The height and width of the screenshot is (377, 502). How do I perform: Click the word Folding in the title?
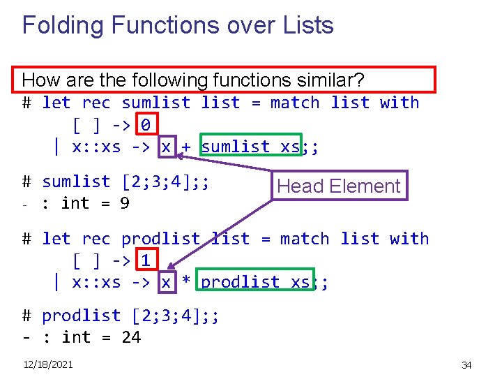pos(61,26)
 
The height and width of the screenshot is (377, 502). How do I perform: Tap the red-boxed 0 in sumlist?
pos(146,125)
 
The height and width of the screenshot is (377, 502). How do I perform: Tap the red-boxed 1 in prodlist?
pos(146,261)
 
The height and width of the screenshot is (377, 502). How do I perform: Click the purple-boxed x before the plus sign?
pos(166,147)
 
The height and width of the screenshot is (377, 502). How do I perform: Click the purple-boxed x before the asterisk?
pos(166,282)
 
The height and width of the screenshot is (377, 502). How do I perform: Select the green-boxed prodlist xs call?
pos(255,282)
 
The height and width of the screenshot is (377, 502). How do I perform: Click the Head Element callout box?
pos(339,186)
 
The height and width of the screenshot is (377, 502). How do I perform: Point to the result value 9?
pos(124,204)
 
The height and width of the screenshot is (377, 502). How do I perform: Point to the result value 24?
pos(130,338)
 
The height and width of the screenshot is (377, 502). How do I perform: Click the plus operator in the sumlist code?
pos(186,147)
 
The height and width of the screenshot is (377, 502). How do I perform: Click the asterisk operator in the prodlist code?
pos(186,282)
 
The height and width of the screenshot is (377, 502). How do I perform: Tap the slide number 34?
pos(466,365)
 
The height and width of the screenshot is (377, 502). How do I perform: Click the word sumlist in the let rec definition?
pos(155,103)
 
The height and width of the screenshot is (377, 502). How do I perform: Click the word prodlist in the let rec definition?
pos(160,239)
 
